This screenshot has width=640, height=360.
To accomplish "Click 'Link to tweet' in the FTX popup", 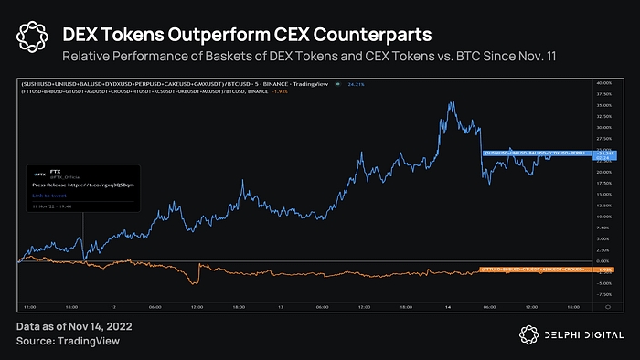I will click(48, 195).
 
